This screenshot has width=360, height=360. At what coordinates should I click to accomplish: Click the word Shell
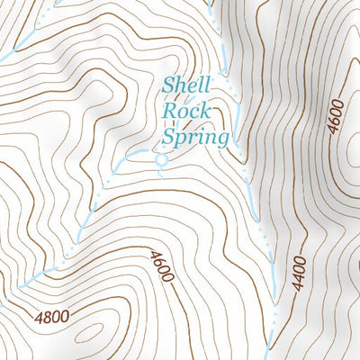186,86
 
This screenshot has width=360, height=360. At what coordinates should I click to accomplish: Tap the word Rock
185,112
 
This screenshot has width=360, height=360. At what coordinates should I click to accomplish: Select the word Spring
195,139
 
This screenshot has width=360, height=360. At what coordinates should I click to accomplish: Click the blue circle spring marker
162,160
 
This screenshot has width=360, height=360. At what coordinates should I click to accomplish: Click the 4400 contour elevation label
300,274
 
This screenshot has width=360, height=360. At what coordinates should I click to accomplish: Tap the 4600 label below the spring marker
162,266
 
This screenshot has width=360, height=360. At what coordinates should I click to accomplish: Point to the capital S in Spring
169,138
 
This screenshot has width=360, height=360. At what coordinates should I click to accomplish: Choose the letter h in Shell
181,86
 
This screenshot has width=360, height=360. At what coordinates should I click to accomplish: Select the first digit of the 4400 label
300,290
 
